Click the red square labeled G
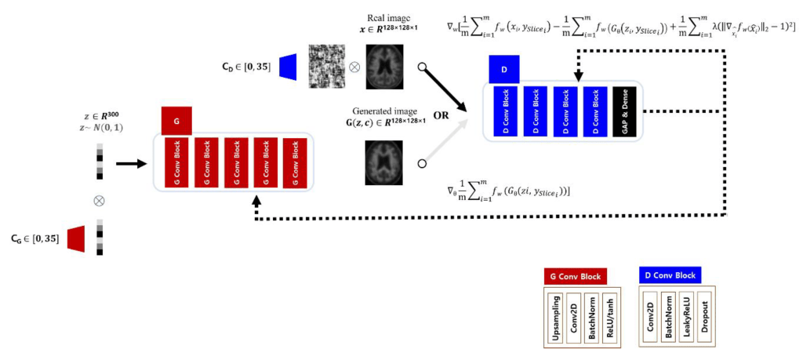point(176,122)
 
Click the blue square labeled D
point(504,69)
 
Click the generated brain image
point(381,162)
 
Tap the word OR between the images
point(441,115)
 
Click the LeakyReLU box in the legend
point(686,317)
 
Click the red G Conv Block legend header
point(576,277)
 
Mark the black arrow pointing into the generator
point(129,164)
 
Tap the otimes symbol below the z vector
point(99,201)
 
